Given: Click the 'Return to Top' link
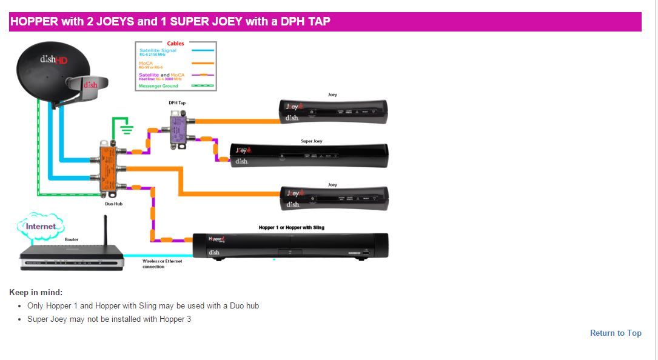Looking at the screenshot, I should click(x=616, y=333).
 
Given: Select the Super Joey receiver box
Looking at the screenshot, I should click(x=309, y=156).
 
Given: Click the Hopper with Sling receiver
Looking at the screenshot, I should click(x=290, y=245).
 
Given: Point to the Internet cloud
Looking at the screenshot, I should click(x=41, y=226).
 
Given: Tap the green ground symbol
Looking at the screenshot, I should click(x=126, y=128).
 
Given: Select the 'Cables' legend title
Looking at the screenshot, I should click(x=175, y=44).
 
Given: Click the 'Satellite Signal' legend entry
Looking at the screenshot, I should click(x=158, y=51).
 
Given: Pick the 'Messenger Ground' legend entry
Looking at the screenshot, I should click(x=159, y=86).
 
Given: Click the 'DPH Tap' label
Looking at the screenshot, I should click(x=177, y=103).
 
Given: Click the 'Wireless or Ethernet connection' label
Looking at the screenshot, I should click(x=162, y=264).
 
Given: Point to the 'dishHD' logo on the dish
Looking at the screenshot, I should click(x=53, y=59).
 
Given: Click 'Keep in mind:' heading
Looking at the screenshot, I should click(x=36, y=292).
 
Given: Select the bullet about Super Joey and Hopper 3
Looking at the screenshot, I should click(x=109, y=319).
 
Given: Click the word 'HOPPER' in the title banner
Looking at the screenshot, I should click(x=34, y=21).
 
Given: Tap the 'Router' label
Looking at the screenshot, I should click(x=72, y=239).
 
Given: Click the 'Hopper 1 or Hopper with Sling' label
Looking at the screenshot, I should click(x=291, y=227).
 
